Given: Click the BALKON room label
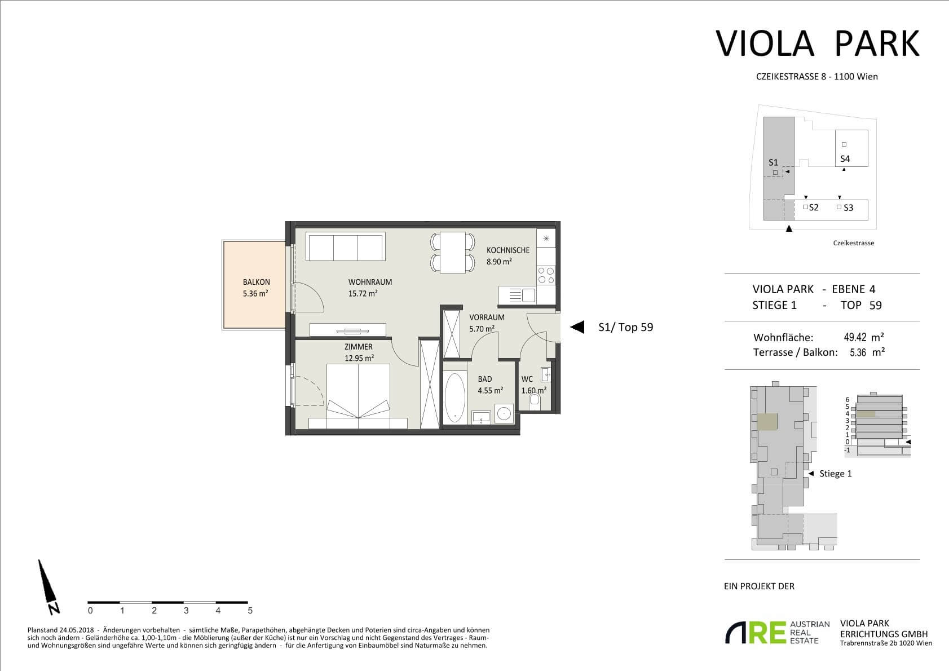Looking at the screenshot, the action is [x=257, y=282].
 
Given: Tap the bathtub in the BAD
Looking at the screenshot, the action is [x=454, y=398].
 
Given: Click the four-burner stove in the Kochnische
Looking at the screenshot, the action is [x=546, y=275].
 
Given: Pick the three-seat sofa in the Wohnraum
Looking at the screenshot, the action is [x=346, y=246].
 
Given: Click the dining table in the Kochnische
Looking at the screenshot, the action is [x=453, y=253].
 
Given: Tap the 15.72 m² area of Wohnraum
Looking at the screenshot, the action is [x=363, y=294].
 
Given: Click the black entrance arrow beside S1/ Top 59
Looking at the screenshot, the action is [x=577, y=327].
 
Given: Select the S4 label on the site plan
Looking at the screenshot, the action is [x=845, y=159].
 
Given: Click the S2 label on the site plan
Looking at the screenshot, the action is [x=814, y=208].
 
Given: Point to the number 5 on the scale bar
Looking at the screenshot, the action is [x=250, y=611].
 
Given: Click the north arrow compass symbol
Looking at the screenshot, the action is [x=48, y=586].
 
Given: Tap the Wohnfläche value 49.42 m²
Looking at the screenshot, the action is [x=864, y=337].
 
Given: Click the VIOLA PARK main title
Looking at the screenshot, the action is [x=818, y=43].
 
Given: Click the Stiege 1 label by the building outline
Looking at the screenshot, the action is [x=836, y=474].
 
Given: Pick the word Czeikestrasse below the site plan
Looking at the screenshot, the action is [x=854, y=243].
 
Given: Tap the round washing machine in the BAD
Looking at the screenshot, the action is [x=504, y=413].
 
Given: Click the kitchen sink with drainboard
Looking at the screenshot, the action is [x=517, y=295].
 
